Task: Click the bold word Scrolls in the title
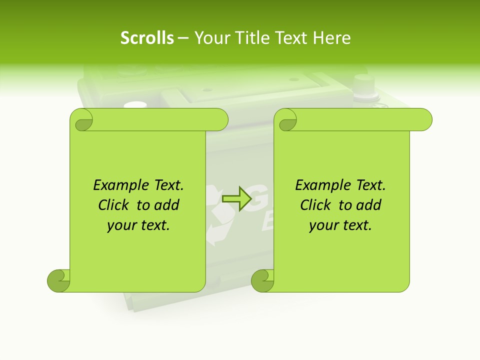point(147,38)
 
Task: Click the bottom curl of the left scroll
point(58,280)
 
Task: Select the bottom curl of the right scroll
point(262,280)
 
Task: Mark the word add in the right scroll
point(369,205)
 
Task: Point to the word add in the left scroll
point(167,205)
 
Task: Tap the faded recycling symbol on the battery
point(216,215)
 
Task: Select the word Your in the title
point(208,38)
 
